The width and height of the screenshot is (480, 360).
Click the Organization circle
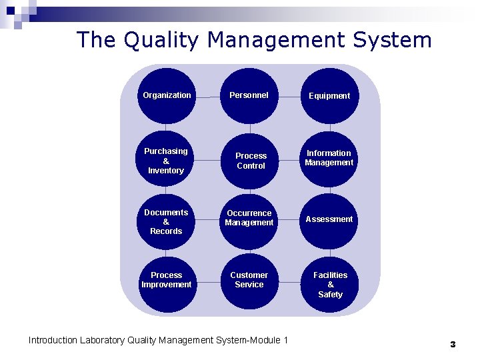167,95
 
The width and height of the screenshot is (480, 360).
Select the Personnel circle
249,95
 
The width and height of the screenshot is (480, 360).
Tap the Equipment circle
329,96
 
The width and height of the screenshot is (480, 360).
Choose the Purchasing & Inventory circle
166,161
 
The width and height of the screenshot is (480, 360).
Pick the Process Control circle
251,161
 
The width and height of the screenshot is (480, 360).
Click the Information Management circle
329,159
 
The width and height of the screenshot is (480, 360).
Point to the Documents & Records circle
166,221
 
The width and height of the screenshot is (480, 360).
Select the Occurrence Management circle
249,218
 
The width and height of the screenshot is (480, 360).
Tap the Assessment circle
329,219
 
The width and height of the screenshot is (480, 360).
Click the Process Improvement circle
166,280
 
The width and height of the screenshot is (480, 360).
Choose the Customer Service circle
249,280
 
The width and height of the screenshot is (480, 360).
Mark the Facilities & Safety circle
331,284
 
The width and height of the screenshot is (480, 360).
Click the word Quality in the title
160,40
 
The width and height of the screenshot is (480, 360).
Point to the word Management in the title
277,40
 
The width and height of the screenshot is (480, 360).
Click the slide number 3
453,345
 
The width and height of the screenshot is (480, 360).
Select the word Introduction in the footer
53,341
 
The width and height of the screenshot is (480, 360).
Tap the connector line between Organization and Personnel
207,96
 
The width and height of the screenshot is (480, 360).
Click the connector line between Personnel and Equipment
289,96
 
